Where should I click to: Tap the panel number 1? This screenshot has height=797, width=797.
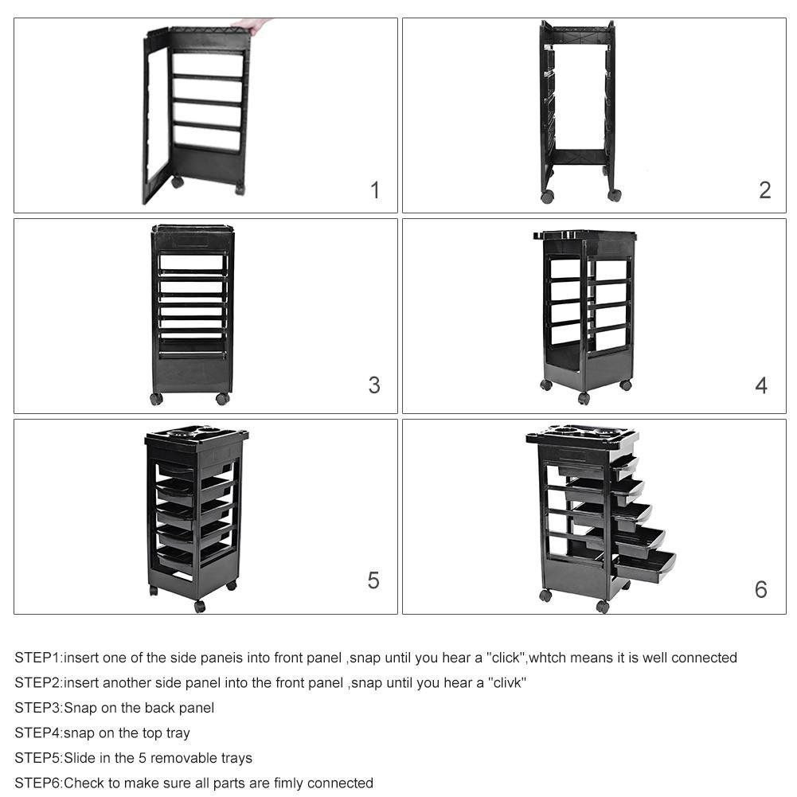[x=375, y=190]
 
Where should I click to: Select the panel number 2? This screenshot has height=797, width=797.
[x=764, y=190]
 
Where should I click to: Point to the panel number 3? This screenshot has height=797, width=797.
[x=374, y=385]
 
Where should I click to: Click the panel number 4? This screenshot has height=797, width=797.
[x=761, y=385]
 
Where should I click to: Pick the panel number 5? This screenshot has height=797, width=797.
[x=373, y=580]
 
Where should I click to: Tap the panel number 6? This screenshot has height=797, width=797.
[x=761, y=589]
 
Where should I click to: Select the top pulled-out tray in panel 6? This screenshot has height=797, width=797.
[x=624, y=467]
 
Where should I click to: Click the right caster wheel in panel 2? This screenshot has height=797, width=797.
[x=614, y=195]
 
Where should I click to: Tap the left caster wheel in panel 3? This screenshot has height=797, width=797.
[x=157, y=399]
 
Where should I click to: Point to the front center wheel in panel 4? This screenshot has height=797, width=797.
[x=584, y=398]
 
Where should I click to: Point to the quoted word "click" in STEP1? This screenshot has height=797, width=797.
[x=506, y=658]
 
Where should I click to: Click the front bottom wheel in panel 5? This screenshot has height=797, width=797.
[x=200, y=607]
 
